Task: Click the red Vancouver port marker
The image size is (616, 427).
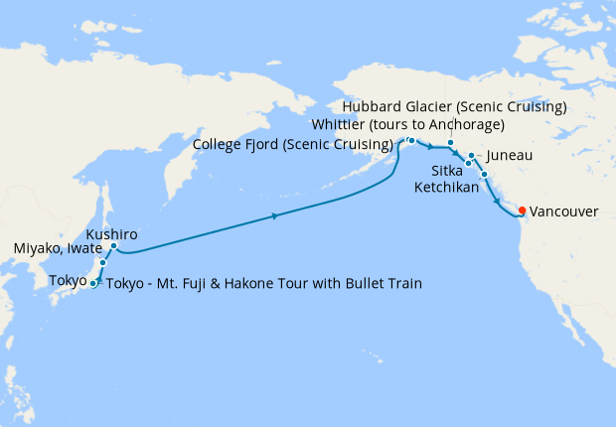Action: tap(522, 211)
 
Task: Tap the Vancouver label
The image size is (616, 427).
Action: tap(563, 212)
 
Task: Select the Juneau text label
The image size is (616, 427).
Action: tap(511, 157)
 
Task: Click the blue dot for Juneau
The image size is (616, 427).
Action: tap(471, 157)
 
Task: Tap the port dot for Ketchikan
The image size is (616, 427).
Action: tap(484, 176)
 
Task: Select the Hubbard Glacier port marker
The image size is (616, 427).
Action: tap(450, 143)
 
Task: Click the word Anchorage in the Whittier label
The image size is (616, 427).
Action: tap(469, 124)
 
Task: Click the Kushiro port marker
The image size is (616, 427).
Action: tap(114, 246)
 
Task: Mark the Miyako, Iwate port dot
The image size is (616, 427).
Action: tap(102, 263)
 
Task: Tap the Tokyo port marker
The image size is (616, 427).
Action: tap(93, 284)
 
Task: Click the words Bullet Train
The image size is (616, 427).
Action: tap(382, 284)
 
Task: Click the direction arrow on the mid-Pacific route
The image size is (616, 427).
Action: tap(273, 214)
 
